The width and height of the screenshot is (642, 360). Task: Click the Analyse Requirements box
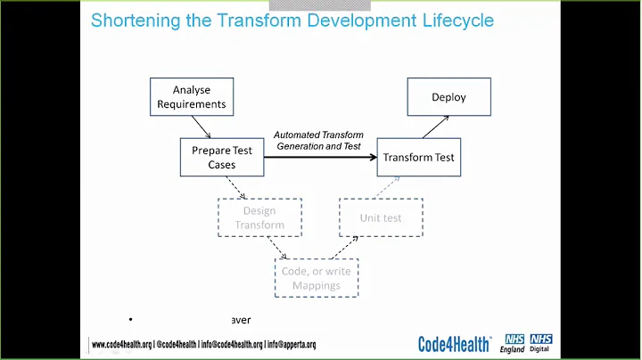point(192,96)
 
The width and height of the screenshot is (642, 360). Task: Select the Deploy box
point(449,96)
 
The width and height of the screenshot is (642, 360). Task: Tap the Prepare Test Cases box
point(222,157)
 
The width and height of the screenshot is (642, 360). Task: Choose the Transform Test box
point(418,158)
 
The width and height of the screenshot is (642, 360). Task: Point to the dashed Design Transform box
point(259,217)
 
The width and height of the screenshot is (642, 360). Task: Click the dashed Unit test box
point(381,217)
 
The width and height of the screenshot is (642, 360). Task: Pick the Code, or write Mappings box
point(316,278)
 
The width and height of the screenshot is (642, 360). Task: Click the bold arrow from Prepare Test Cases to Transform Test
point(321,158)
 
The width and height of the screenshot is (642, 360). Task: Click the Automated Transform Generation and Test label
point(318,140)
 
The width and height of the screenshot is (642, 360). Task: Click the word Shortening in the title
point(138,20)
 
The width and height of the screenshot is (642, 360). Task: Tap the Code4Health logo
point(457,343)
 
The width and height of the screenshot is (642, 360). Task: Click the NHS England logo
point(514,343)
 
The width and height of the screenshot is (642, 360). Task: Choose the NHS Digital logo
point(541,343)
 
